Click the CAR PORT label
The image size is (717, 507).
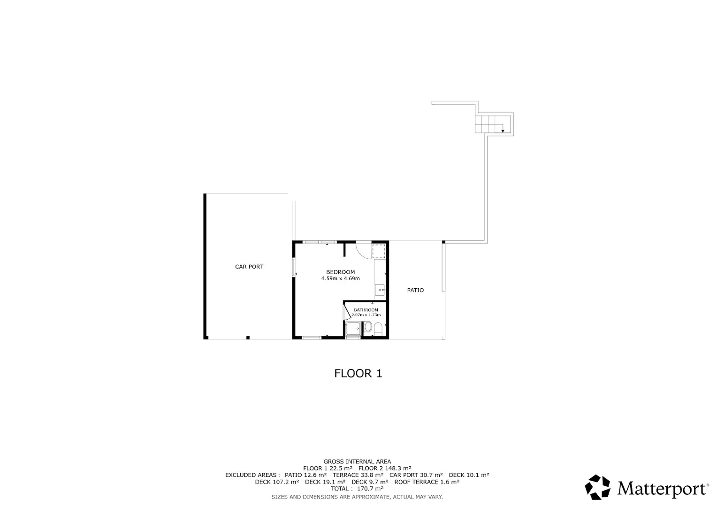point(249,267)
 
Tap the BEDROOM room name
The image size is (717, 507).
point(340,272)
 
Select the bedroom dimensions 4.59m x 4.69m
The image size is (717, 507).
point(340,279)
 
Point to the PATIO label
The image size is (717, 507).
point(415,290)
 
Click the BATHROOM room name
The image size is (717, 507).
point(366,310)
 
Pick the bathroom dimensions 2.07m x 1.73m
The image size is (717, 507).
point(366,315)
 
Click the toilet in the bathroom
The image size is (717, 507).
point(378,329)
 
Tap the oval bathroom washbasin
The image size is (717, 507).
point(368,327)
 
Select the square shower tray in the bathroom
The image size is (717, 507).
point(353,329)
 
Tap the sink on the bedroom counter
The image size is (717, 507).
point(380,290)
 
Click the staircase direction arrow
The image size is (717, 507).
point(503,131)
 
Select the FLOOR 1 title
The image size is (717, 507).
point(358,374)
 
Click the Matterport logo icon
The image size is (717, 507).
point(597,487)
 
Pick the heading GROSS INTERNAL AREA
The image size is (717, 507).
point(357,461)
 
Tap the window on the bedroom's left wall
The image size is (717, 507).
point(294,268)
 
